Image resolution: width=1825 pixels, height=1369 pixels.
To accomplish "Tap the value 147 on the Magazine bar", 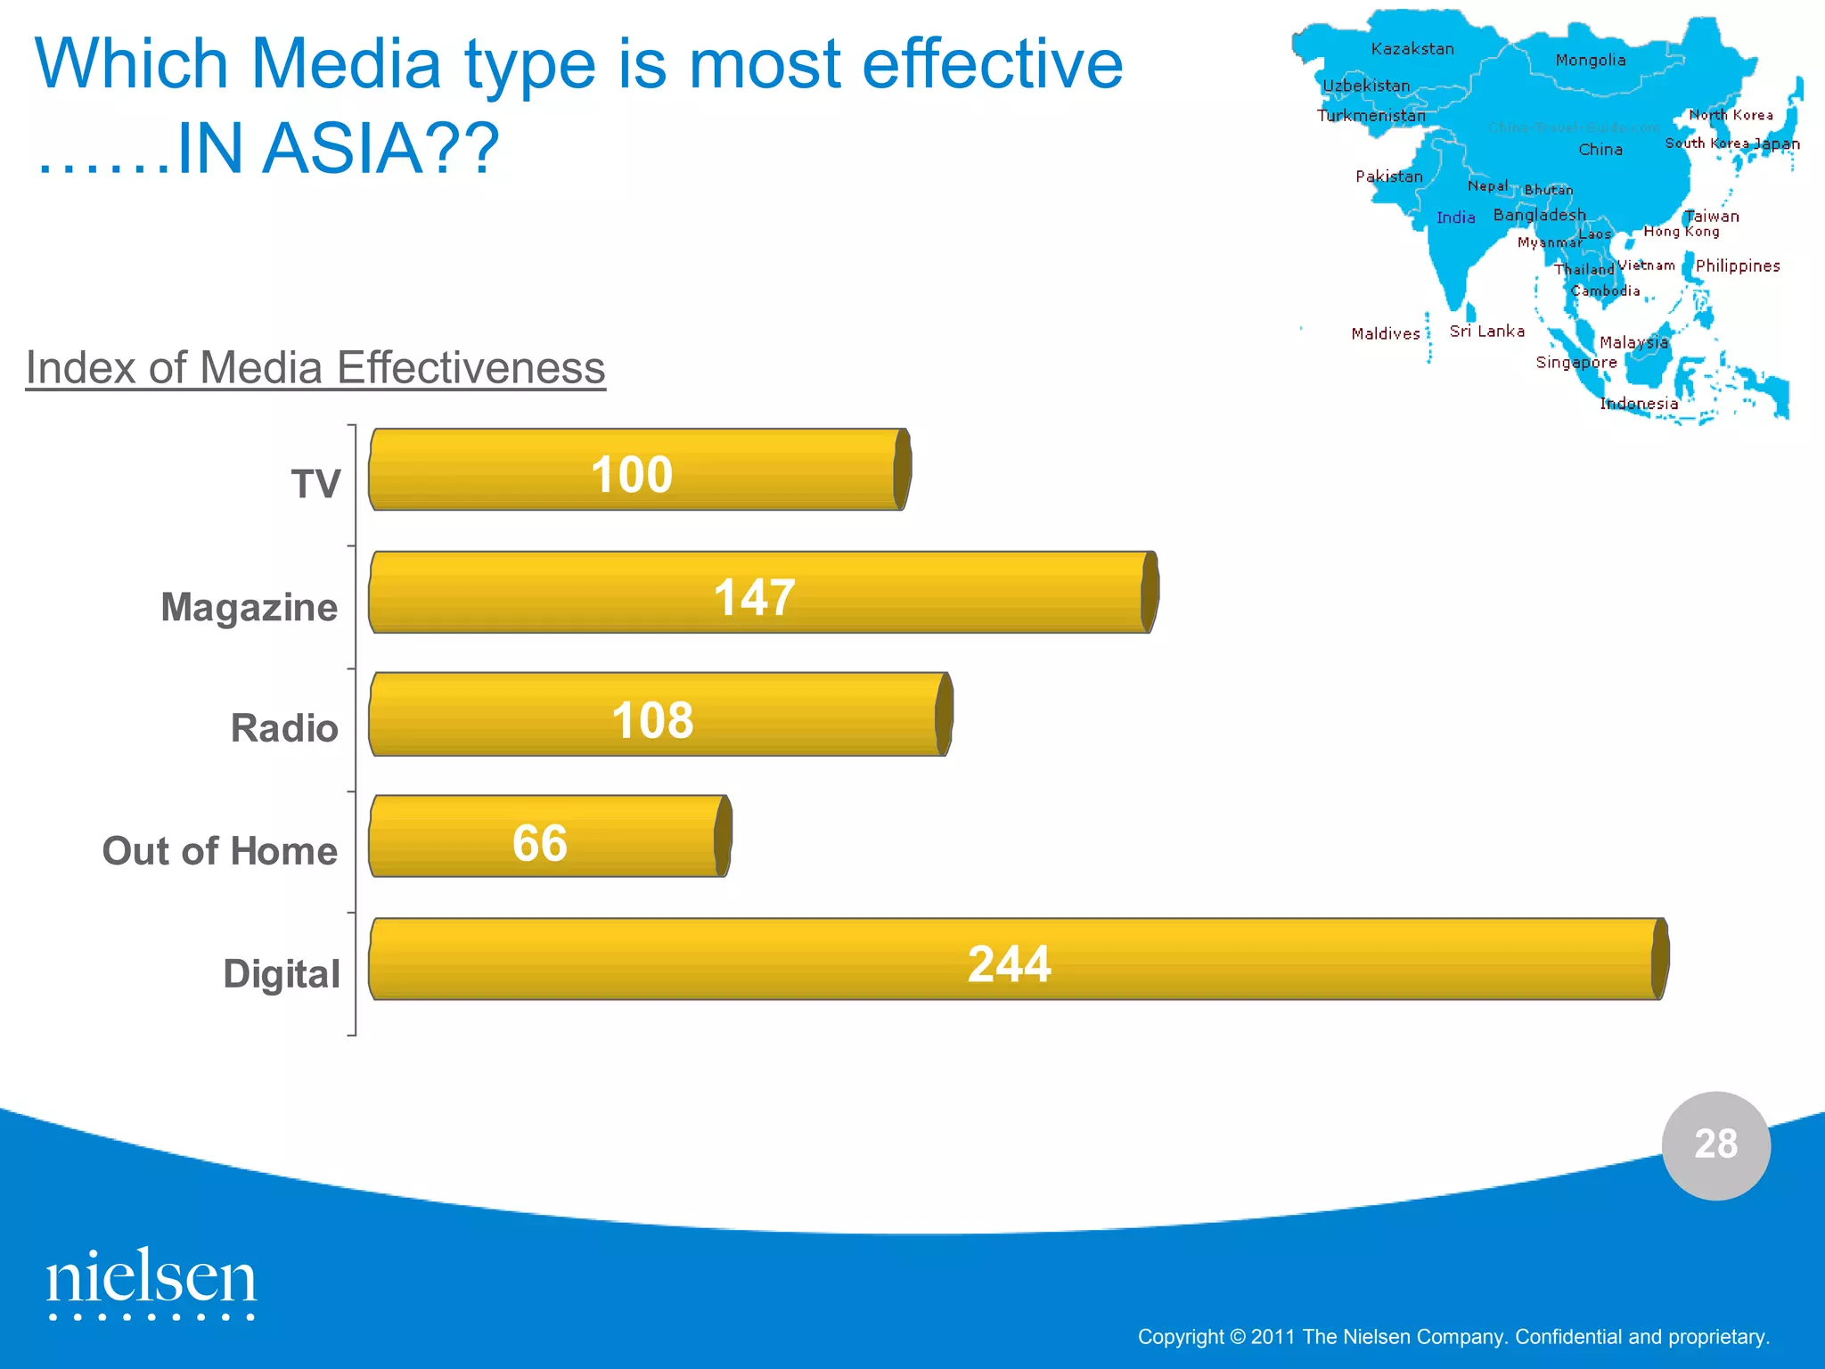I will coord(754,597).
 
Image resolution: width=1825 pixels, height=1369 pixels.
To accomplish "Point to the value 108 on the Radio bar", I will coord(652,720).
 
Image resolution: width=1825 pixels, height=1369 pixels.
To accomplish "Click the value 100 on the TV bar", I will coord(632,474).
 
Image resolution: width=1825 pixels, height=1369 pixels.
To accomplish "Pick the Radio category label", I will coord(284,728).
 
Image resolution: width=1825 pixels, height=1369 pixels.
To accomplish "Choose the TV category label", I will coord(316,484).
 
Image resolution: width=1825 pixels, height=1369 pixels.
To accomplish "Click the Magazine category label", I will coord(250,607).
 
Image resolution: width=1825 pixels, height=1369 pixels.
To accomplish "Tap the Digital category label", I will coord(282,973).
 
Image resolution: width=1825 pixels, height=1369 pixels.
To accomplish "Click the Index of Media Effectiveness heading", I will coord(315,367).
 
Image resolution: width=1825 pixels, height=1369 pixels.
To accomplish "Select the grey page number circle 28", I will coord(1715,1144).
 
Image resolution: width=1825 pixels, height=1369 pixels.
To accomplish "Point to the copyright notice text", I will coord(1453,1337).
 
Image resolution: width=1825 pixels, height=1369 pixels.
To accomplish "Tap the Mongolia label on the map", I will coord(1591,60).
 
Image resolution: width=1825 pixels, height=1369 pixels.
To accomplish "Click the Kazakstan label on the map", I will coord(1412,49).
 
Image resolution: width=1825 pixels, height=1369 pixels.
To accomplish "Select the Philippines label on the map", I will coord(1738,266).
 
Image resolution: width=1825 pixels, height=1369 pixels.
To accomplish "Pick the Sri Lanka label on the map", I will coord(1486,331).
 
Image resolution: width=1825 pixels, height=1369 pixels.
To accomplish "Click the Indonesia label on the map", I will coord(1639,404).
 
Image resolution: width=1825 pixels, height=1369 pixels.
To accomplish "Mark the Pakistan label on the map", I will coord(1389,176).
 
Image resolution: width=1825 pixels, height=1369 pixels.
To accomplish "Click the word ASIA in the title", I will coord(339,148).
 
